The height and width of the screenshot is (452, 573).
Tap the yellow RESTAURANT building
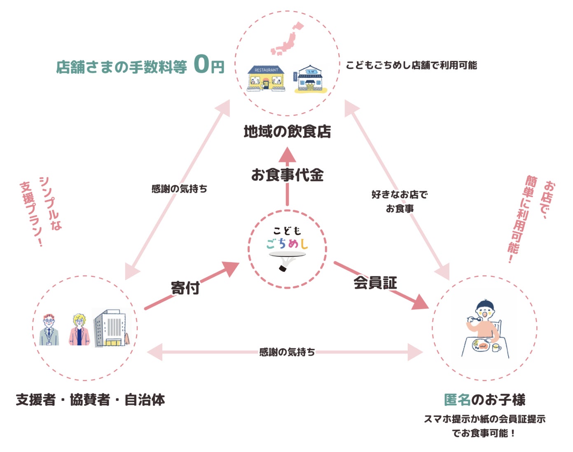pos(266,78)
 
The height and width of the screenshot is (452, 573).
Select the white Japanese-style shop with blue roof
pos(310,79)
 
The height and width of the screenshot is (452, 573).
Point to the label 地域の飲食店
pos(287,131)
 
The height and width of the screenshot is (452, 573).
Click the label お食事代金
pos(287,175)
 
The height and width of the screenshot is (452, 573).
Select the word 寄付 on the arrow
pos(185,288)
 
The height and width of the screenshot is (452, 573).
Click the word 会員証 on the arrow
pos(375,283)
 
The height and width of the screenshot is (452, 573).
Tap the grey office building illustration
pos(112,328)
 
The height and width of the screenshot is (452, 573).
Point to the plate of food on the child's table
pos(481,346)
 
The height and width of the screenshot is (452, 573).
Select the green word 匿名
pos(457,400)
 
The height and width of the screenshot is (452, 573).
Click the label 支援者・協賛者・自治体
pos(90,400)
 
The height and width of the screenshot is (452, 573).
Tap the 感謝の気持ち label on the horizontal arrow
pos(287,352)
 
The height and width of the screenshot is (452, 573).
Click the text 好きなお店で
pos(400,195)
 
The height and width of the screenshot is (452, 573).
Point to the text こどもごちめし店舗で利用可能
pos(412,65)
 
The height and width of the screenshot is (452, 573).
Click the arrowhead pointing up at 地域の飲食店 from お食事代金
pos(287,155)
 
